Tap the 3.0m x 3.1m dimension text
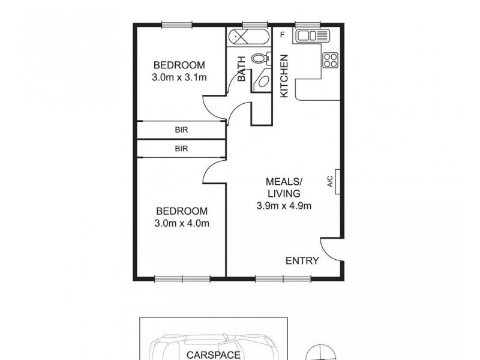click(179, 77)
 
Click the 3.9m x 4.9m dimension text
click(284, 206)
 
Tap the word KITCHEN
click(285, 76)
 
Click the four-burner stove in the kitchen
click(331, 60)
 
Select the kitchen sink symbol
click(311, 37)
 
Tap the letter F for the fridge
click(282, 35)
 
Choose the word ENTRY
click(302, 260)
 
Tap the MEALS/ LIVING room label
click(284, 187)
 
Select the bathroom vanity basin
click(262, 82)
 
